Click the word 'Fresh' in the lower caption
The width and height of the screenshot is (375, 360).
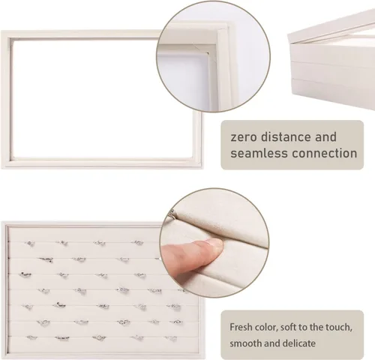(241, 327)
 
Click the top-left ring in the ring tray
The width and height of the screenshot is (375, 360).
(30, 243)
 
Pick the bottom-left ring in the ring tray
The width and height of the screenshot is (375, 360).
(31, 337)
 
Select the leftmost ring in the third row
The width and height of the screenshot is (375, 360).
(25, 274)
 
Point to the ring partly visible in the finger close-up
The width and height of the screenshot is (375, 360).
(172, 213)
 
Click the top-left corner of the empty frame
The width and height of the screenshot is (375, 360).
(1, 31)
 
